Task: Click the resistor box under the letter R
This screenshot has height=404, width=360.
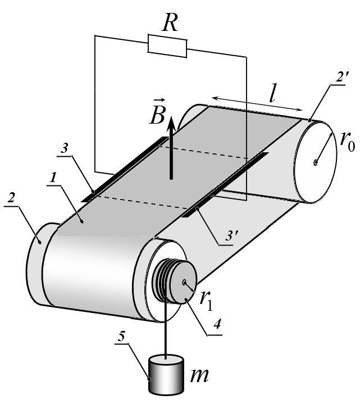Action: point(167,46)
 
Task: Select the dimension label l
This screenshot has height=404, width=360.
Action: point(272,95)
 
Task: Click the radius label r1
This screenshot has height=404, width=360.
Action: point(207,301)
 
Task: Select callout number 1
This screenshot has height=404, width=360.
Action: point(53,178)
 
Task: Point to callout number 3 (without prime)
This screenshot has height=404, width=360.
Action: point(65,148)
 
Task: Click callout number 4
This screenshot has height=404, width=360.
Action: point(217,324)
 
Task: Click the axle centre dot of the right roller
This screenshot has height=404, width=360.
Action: point(316,162)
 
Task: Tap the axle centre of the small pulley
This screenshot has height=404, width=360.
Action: point(184,283)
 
